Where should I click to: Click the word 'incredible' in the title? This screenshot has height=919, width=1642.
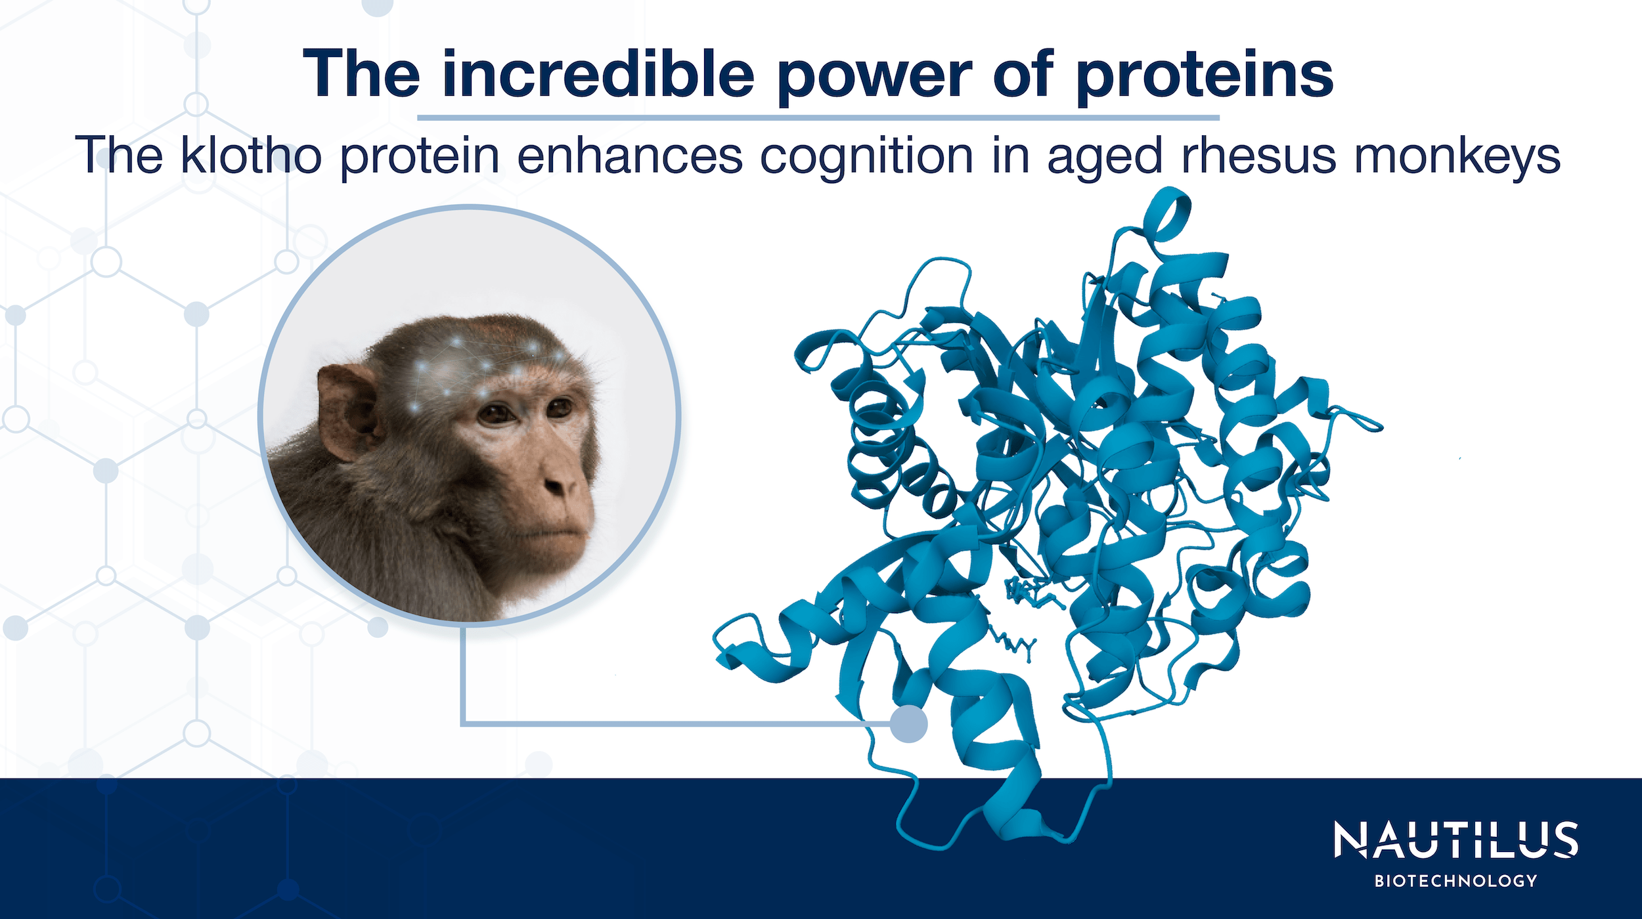598,75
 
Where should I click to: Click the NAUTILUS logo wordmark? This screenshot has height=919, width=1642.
1455,840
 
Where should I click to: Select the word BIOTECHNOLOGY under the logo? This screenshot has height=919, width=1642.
1455,881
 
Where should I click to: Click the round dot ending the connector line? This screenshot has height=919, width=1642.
909,724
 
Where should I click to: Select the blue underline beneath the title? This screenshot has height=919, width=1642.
818,118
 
